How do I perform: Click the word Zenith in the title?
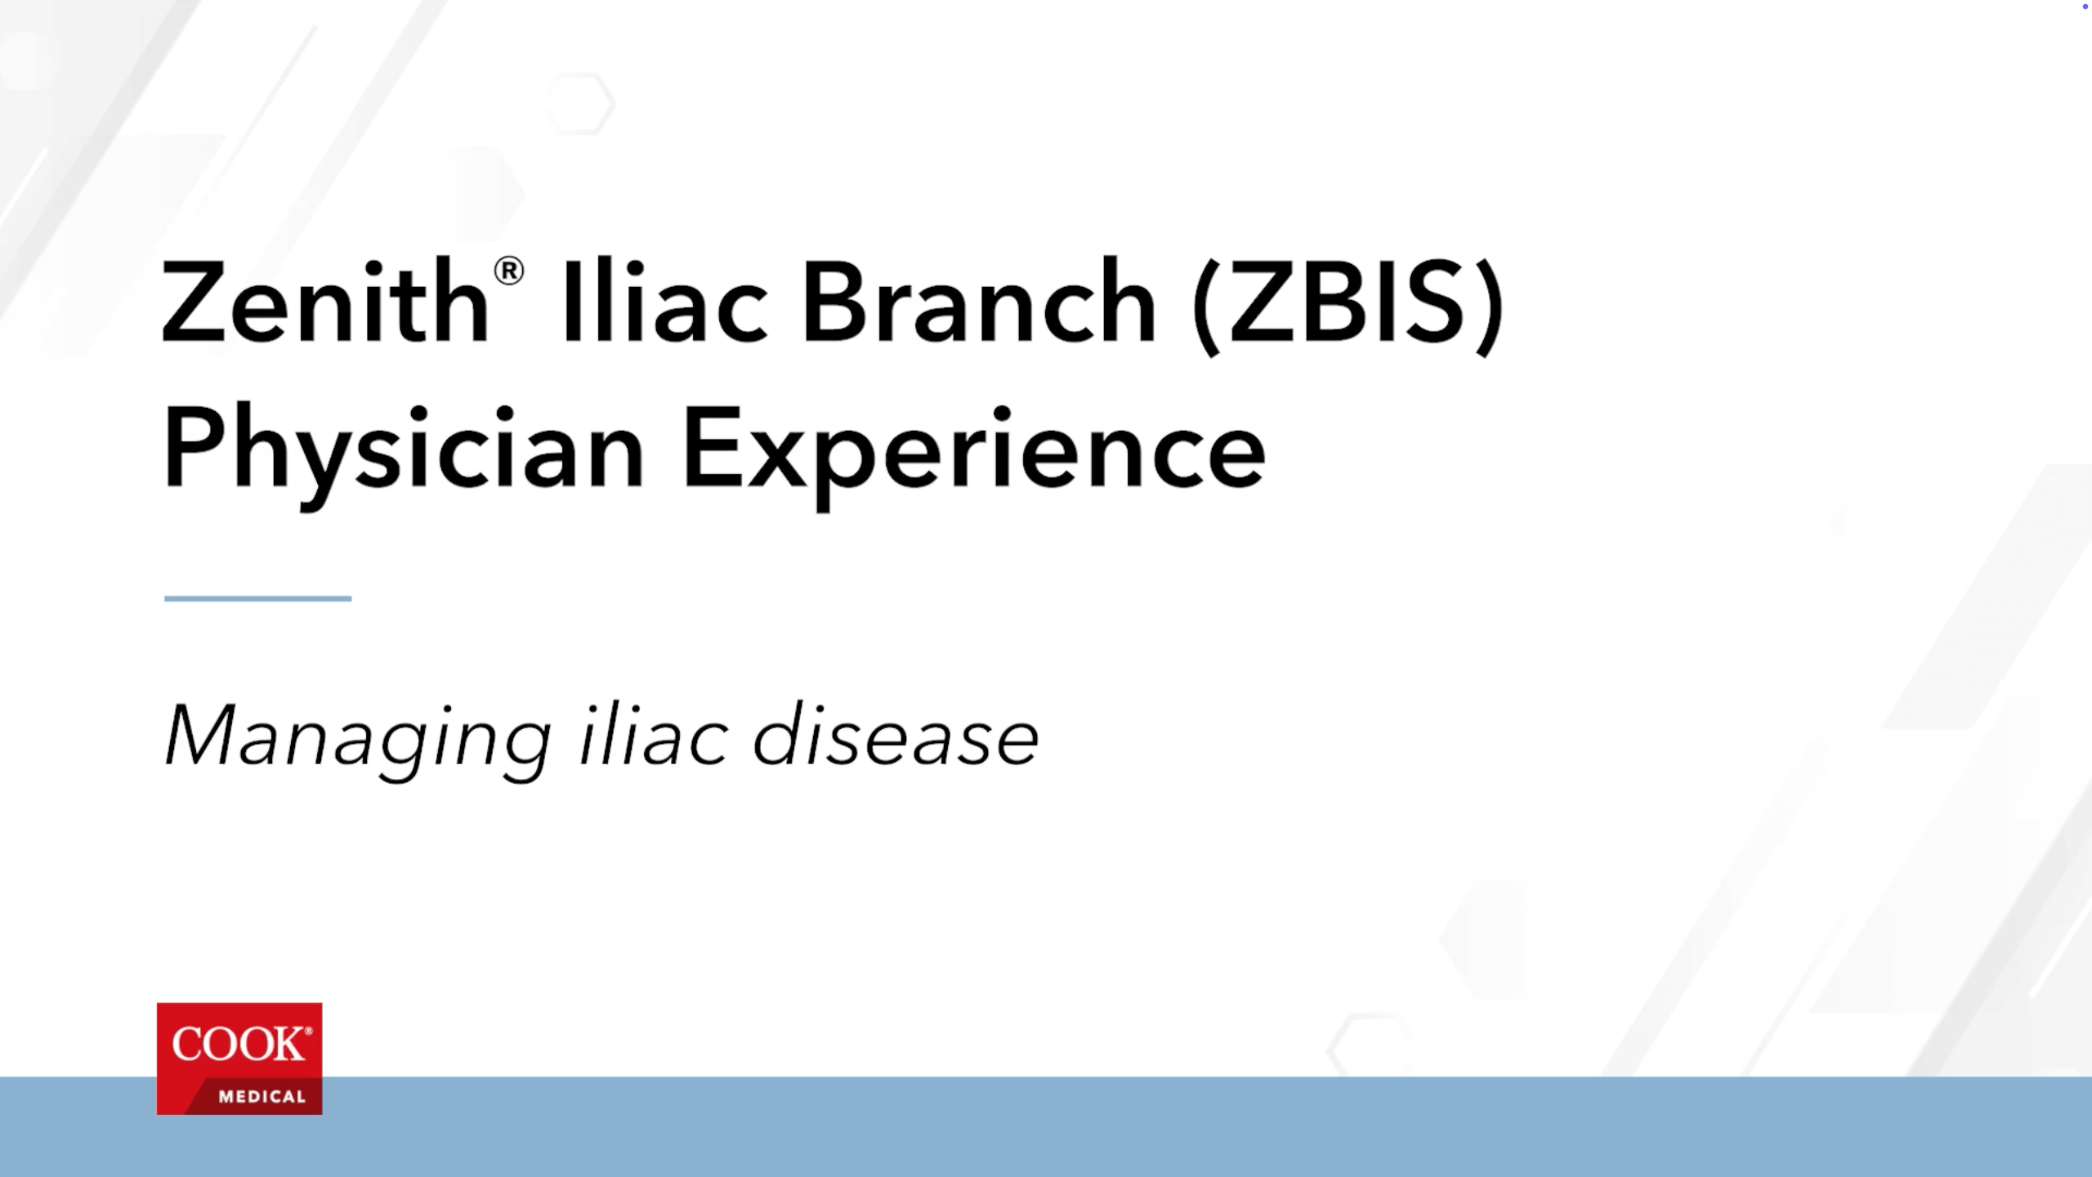point(325,302)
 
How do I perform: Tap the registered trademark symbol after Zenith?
point(508,271)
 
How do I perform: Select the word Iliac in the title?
point(664,302)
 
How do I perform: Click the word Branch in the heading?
point(978,302)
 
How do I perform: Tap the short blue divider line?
point(257,598)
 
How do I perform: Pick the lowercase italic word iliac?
point(652,736)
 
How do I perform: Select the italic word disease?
point(895,736)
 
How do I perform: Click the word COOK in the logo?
point(237,1045)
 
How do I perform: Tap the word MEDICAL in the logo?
point(261,1097)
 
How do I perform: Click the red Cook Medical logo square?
point(239,1058)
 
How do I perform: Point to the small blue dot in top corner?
point(2085,6)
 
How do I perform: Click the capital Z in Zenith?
point(193,302)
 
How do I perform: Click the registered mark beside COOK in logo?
point(308,1032)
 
